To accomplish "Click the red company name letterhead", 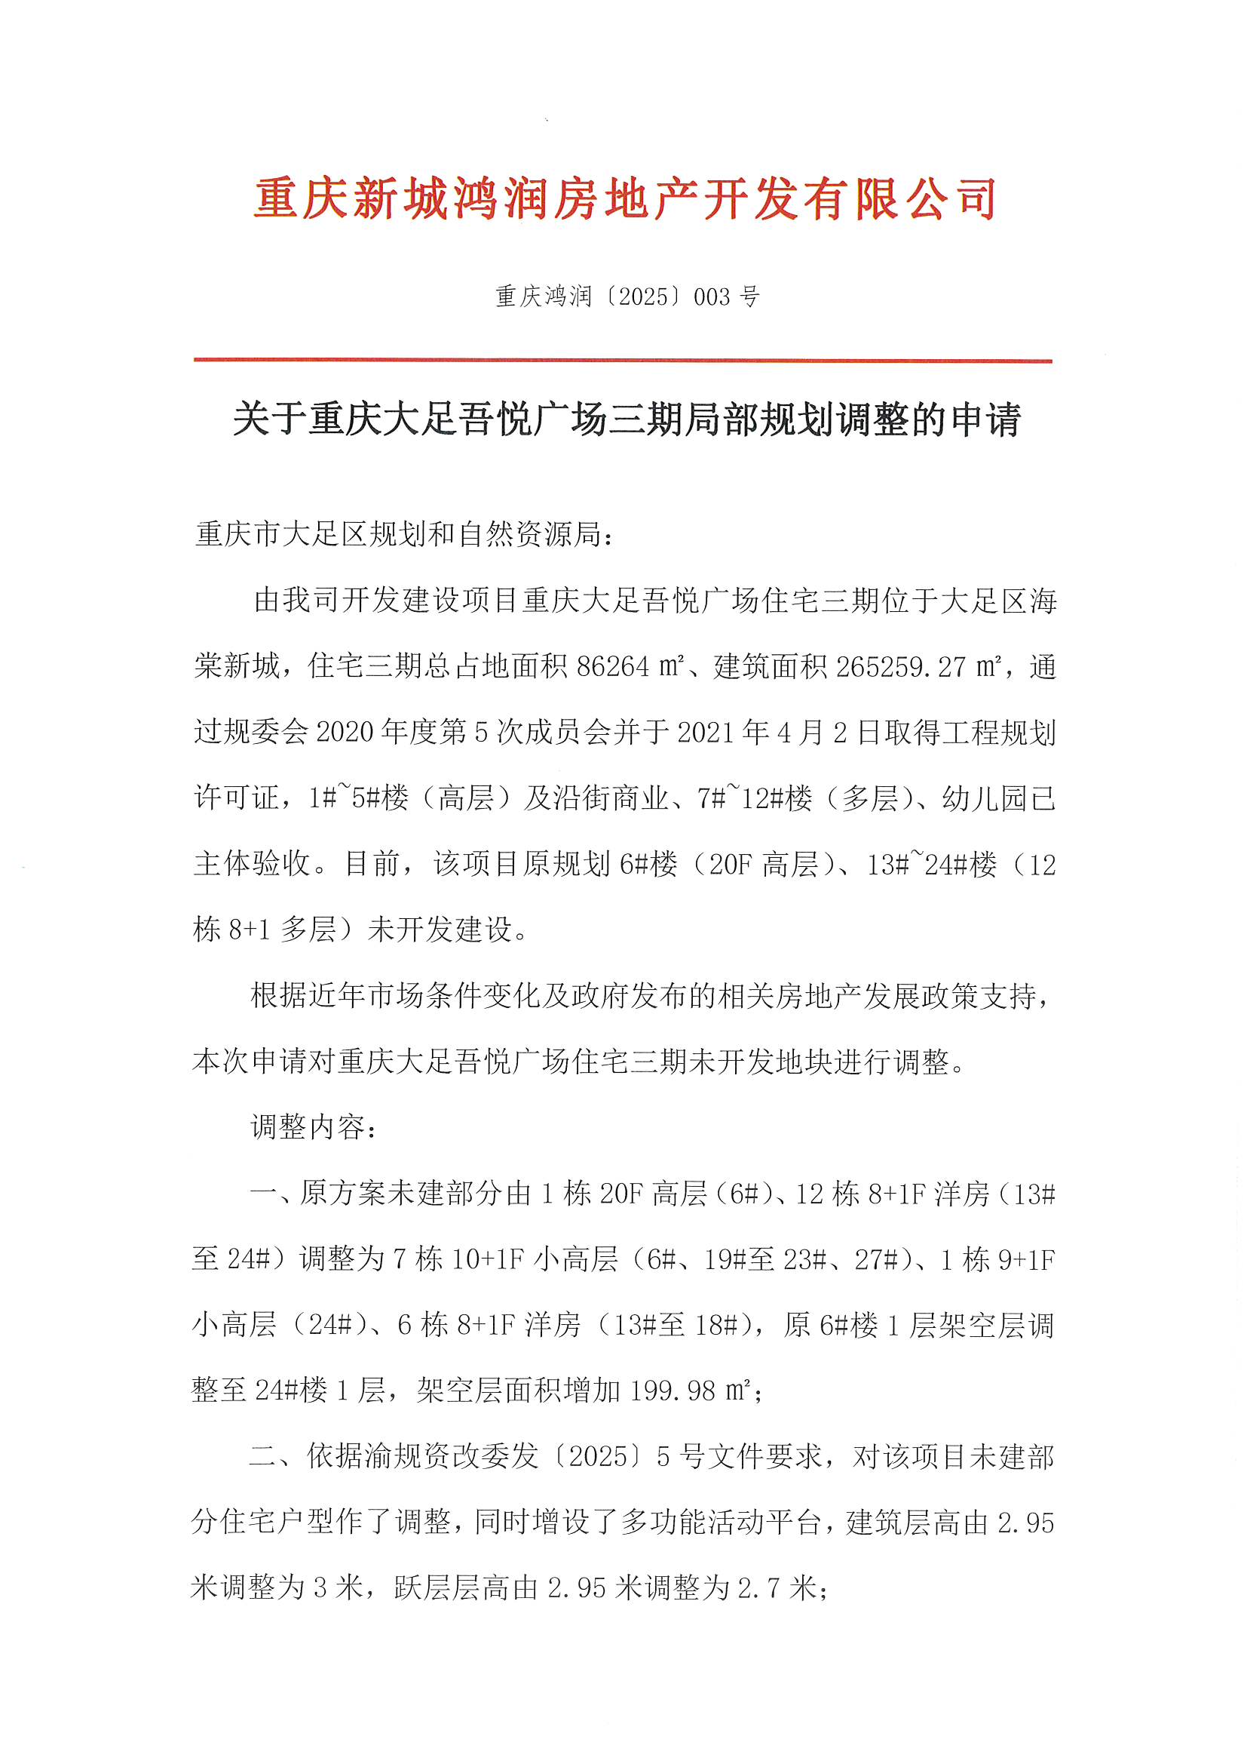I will point(624,199).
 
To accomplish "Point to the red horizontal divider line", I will point(623,360).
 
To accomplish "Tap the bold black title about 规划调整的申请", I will point(627,420).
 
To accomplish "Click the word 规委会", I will point(265,731).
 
